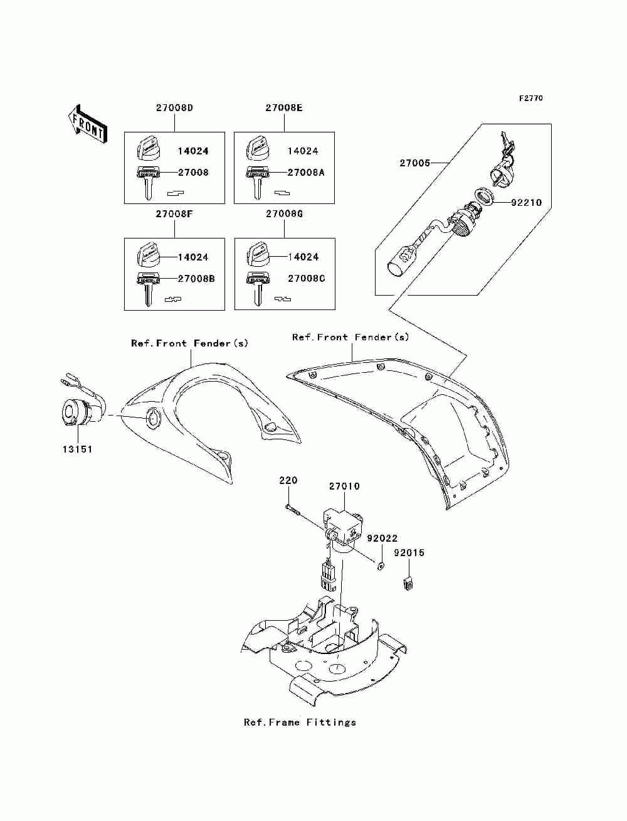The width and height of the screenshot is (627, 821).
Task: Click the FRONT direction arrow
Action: pyautogui.click(x=88, y=123)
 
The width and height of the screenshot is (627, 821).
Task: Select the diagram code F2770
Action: pyautogui.click(x=531, y=99)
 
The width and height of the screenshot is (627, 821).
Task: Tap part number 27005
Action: pyautogui.click(x=415, y=163)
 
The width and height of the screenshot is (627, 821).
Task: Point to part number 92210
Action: pyautogui.click(x=526, y=202)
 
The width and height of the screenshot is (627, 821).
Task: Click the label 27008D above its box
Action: pyautogui.click(x=174, y=108)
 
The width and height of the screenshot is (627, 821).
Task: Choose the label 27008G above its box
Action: pyautogui.click(x=285, y=214)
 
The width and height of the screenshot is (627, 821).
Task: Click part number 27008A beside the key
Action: pyautogui.click(x=305, y=173)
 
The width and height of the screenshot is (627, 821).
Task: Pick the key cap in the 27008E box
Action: pyautogui.click(x=258, y=148)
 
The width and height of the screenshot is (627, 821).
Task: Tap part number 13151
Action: pyautogui.click(x=77, y=449)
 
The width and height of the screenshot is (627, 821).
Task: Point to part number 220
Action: pyautogui.click(x=288, y=480)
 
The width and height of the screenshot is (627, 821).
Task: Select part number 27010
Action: pyautogui.click(x=344, y=486)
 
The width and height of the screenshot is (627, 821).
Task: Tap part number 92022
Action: pyautogui.click(x=382, y=538)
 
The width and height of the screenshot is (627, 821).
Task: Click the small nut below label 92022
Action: pyautogui.click(x=381, y=566)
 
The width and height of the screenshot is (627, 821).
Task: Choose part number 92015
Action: pyautogui.click(x=409, y=553)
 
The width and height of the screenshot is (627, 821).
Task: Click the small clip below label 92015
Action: pyautogui.click(x=409, y=583)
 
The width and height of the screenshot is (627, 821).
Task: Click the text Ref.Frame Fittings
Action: pyautogui.click(x=300, y=722)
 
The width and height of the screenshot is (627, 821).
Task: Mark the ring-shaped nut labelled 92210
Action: pyautogui.click(x=484, y=196)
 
